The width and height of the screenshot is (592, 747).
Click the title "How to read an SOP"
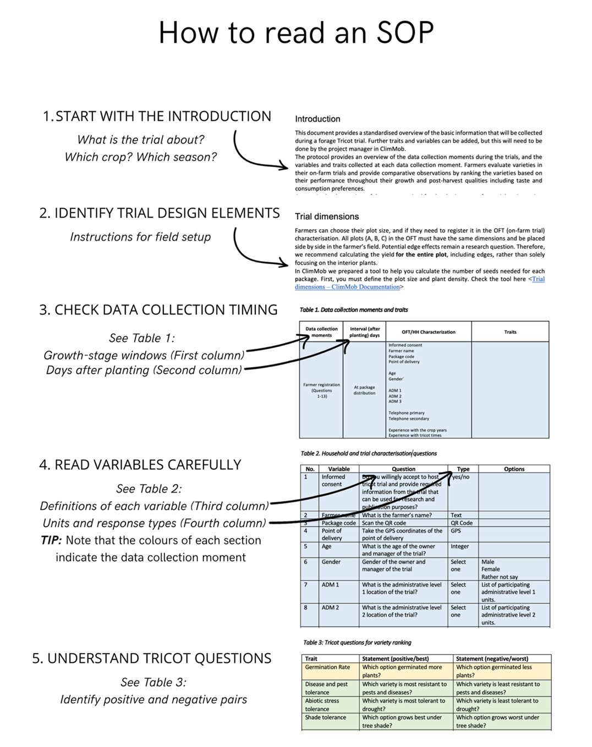tap(296, 33)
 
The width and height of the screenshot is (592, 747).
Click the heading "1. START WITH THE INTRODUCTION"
tap(157, 117)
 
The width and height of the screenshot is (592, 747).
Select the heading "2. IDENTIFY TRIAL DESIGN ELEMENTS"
tap(160, 213)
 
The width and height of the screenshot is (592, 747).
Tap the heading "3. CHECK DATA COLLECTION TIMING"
tap(158, 310)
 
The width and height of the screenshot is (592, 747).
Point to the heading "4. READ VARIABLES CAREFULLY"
tap(140, 465)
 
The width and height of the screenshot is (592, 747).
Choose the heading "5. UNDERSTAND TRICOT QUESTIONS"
tap(152, 659)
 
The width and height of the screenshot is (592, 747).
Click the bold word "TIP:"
tap(51, 540)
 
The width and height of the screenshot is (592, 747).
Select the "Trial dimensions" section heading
tap(327, 217)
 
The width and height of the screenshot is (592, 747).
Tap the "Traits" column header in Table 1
tap(510, 332)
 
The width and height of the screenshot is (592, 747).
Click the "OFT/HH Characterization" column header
tap(428, 332)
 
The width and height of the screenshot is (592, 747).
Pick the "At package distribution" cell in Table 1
tap(364, 390)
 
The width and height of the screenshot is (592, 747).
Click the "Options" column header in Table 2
tap(514, 469)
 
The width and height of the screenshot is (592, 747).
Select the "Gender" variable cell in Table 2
tap(331, 562)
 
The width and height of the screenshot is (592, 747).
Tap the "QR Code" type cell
tap(462, 523)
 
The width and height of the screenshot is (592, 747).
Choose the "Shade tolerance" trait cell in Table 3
tap(326, 717)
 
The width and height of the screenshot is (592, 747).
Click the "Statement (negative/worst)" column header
tap(492, 659)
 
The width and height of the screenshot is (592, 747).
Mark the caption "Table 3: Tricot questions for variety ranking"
tap(357, 643)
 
